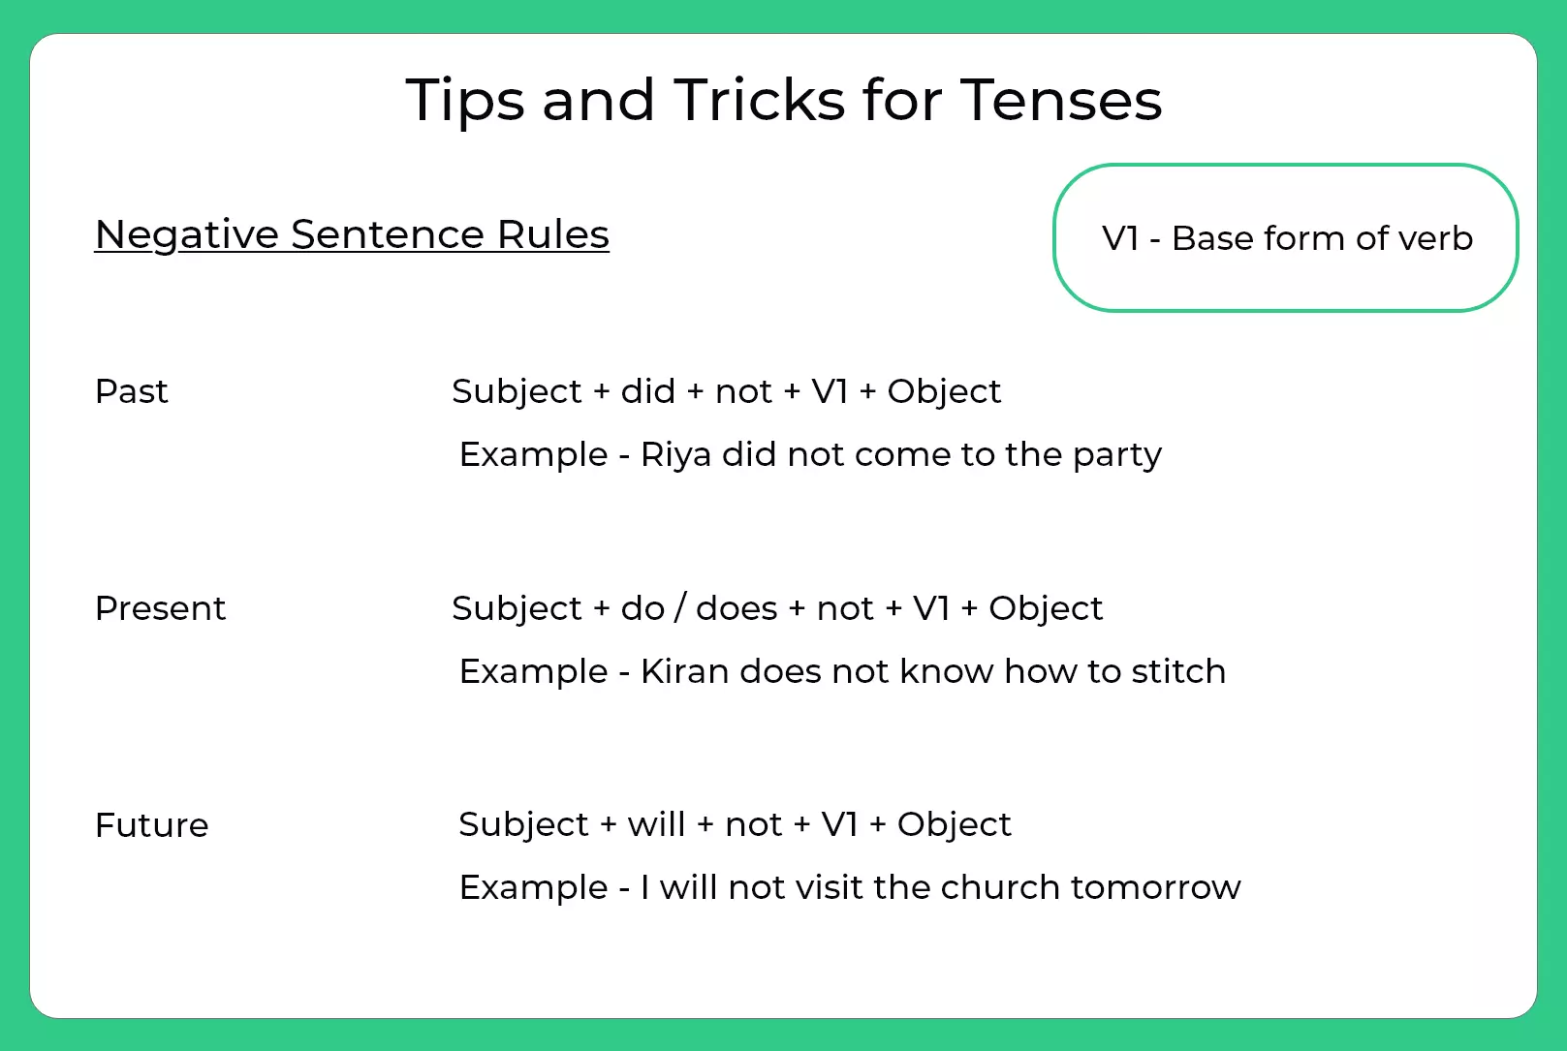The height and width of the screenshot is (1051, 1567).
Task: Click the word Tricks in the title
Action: click(x=759, y=100)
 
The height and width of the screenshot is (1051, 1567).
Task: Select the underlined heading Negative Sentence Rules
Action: click(x=352, y=234)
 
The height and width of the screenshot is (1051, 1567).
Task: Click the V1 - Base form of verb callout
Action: click(x=1285, y=238)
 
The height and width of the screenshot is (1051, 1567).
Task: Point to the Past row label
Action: click(x=131, y=391)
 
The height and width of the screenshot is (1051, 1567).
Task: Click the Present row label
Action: click(x=160, y=608)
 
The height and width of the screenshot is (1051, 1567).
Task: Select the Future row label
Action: click(x=151, y=825)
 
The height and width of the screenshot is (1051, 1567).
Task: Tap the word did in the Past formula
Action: click(x=647, y=391)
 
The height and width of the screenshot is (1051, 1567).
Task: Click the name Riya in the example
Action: click(x=675, y=455)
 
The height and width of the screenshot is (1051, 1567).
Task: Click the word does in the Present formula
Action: click(x=736, y=608)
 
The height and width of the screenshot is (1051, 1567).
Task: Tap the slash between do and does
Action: click(x=680, y=608)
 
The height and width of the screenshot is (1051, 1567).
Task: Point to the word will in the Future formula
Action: click(x=656, y=824)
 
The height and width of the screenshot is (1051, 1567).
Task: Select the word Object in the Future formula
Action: click(x=954, y=824)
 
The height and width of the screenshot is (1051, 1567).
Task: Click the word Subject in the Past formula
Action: click(x=517, y=391)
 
